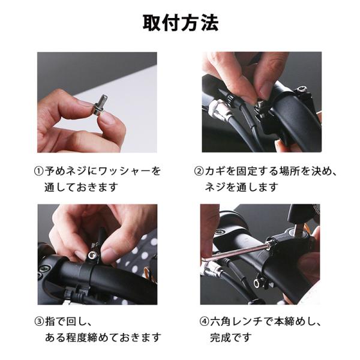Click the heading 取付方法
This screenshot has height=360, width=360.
(181, 23)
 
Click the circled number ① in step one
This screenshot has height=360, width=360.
(38, 171)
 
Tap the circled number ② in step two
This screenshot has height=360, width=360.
(199, 171)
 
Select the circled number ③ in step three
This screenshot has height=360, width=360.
(39, 322)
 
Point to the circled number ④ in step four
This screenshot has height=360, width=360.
(204, 322)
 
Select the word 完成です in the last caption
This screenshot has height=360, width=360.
(231, 337)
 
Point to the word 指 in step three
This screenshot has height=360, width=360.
(50, 322)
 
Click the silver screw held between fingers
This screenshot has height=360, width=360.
(100, 105)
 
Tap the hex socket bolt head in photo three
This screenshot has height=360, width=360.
(92, 254)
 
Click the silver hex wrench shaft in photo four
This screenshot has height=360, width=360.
(239, 252)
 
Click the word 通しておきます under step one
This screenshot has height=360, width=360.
(81, 187)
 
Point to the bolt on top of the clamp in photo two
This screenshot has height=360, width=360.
(301, 90)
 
